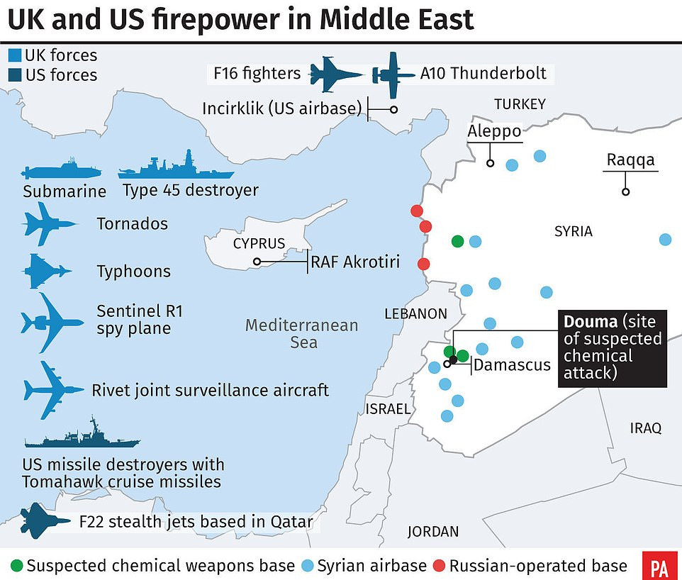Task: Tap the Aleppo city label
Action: click(494, 132)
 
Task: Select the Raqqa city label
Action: click(630, 160)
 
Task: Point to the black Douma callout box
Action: click(613, 347)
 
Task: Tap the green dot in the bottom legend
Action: click(16, 565)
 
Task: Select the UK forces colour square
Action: click(15, 55)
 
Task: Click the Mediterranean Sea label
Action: click(301, 334)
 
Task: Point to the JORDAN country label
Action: click(433, 531)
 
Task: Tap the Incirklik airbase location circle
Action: click(393, 109)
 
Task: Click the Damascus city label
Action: click(512, 365)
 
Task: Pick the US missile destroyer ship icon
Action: click(82, 435)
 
